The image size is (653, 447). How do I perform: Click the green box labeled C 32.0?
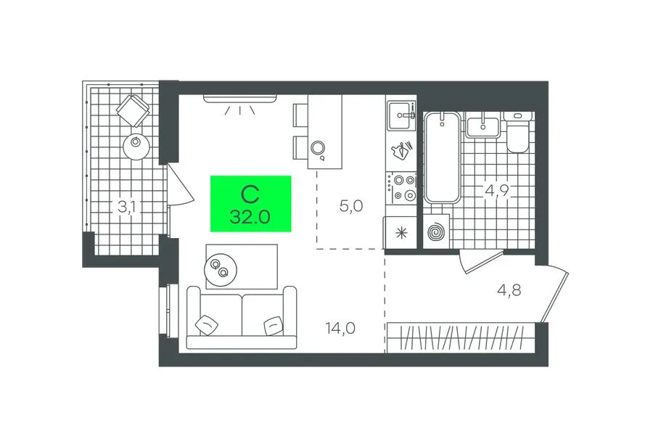point(251,204)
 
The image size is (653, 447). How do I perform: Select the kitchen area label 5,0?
point(351,206)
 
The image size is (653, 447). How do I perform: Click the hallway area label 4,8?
point(509,290)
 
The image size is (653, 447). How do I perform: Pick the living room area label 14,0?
point(341,328)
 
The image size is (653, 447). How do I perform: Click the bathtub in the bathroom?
point(443,157)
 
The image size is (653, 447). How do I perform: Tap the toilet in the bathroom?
point(517,133)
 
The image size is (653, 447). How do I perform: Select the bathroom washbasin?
point(482,128)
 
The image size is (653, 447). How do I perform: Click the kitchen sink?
point(401,115)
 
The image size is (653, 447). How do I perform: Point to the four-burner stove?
point(401,188)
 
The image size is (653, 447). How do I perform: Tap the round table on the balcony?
point(136,147)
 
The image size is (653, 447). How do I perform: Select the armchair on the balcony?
point(134,110)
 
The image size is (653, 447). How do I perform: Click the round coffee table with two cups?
point(221,269)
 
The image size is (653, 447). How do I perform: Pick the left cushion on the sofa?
point(207,324)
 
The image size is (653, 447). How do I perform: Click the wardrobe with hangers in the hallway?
point(461,338)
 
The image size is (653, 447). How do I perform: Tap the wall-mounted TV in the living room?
point(240,98)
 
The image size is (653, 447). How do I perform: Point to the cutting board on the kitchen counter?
point(401,150)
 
